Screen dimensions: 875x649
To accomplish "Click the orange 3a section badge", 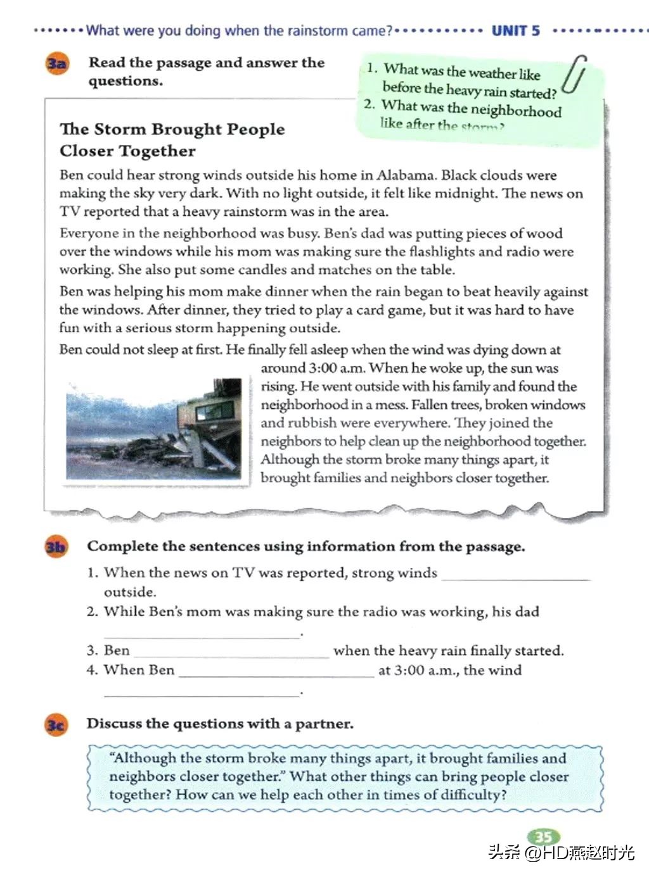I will coord(56,63).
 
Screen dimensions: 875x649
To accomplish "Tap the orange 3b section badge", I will coord(55,546).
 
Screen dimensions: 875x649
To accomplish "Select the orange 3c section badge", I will coord(55,724).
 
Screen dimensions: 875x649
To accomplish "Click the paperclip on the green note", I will coord(575,74).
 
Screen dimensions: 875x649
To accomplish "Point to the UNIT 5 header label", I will coord(516,30).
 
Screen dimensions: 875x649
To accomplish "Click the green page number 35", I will coord(543,837).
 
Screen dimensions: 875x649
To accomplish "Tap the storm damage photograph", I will coord(154,429).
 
